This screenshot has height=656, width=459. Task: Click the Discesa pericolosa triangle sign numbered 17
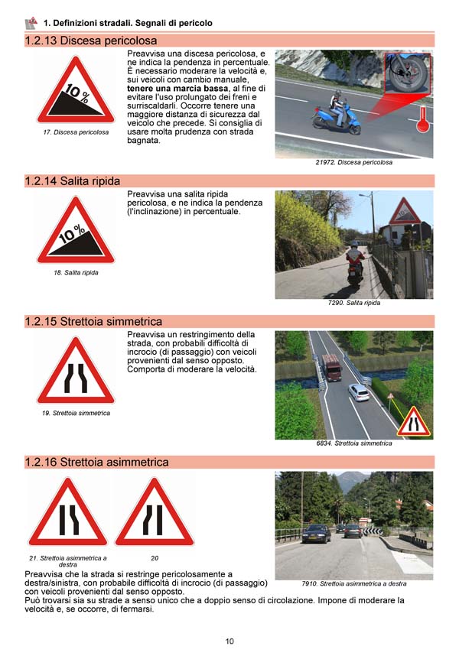[76, 90]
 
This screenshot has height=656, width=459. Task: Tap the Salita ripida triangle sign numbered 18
[76, 231]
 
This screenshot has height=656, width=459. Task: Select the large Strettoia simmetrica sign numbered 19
[76, 372]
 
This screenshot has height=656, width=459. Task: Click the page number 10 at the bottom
[229, 641]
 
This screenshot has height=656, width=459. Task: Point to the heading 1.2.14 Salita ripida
[73, 181]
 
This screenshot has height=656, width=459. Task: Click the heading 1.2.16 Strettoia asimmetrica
[96, 463]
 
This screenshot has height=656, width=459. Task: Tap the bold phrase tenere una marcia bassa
[177, 88]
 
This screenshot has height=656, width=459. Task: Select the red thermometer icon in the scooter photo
[423, 119]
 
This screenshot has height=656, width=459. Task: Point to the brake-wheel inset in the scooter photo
[408, 73]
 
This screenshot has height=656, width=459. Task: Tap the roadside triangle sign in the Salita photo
[405, 212]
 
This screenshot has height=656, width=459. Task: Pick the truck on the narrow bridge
[332, 367]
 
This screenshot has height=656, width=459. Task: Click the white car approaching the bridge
[359, 392]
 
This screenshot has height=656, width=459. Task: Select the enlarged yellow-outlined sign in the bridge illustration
[413, 422]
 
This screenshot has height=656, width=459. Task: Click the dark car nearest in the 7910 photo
[316, 534]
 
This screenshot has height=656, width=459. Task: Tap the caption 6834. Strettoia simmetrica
[354, 443]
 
